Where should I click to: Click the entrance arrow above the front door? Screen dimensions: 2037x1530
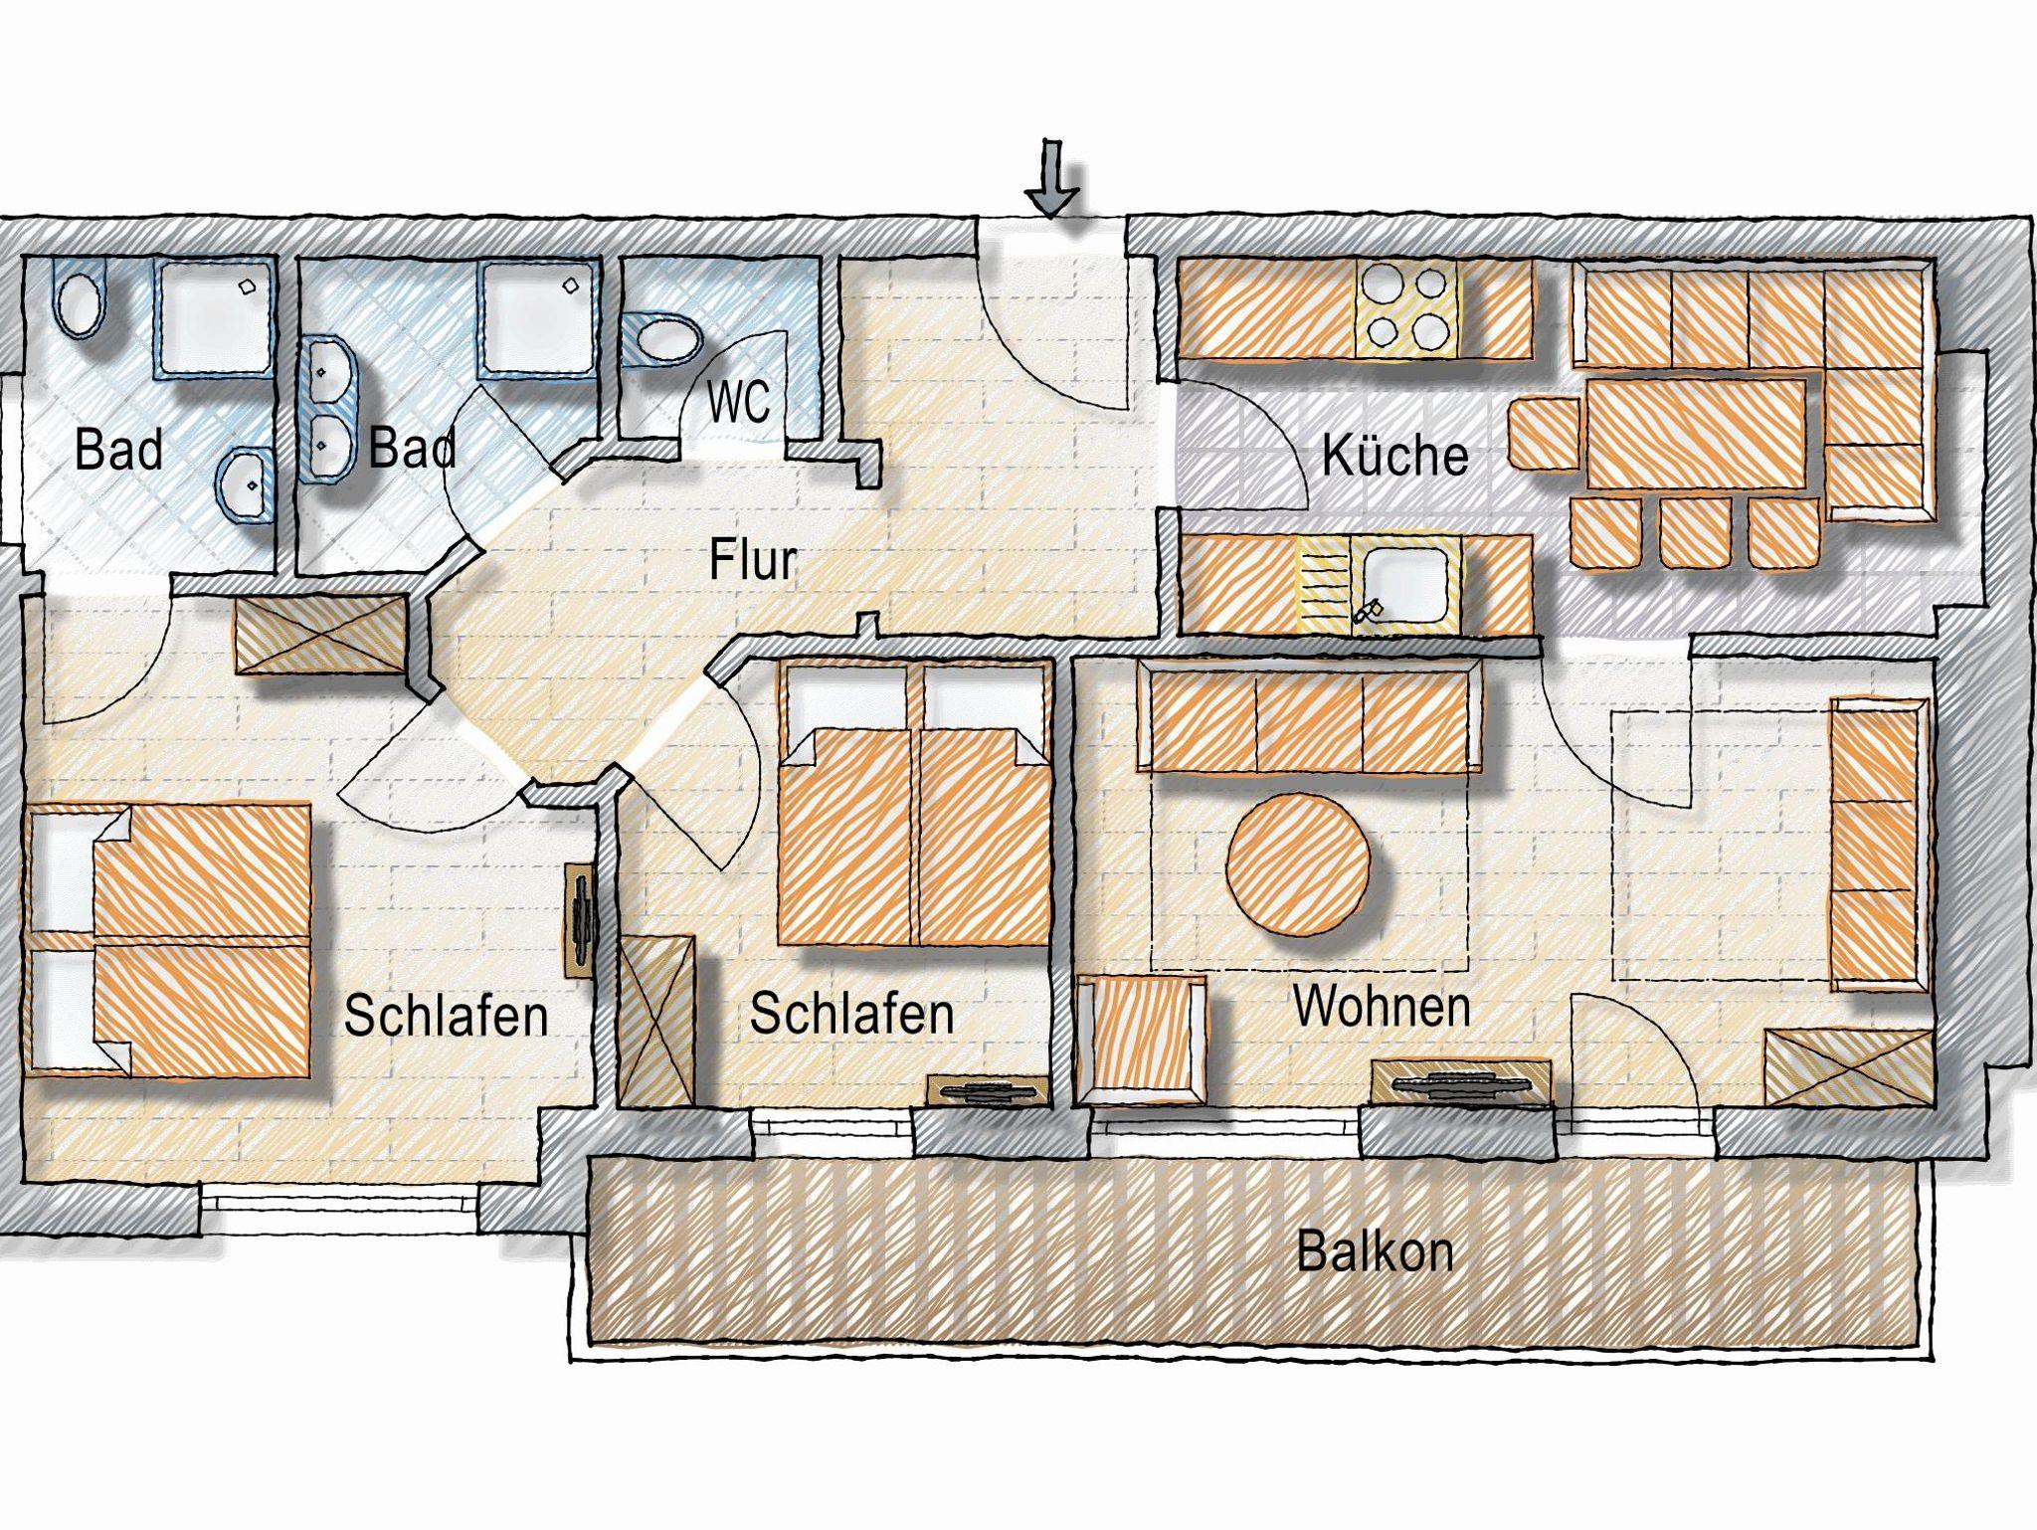pyautogui.click(x=1052, y=179)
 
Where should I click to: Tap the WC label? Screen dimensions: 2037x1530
pyautogui.click(x=739, y=402)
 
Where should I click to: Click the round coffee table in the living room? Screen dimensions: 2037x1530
pyautogui.click(x=1299, y=862)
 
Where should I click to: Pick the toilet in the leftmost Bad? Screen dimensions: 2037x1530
pyautogui.click(x=80, y=303)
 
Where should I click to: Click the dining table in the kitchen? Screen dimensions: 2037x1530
pyautogui.click(x=1696, y=434)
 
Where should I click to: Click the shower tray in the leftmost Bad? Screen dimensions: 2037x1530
pyautogui.click(x=213, y=315)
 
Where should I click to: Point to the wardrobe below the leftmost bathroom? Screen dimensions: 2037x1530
pyautogui.click(x=321, y=634)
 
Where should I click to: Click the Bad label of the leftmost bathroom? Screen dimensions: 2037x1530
pyautogui.click(x=118, y=450)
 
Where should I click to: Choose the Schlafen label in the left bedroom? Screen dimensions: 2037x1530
pyautogui.click(x=446, y=1016)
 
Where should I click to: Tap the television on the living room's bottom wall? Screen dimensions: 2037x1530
pyautogui.click(x=1460, y=1083)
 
